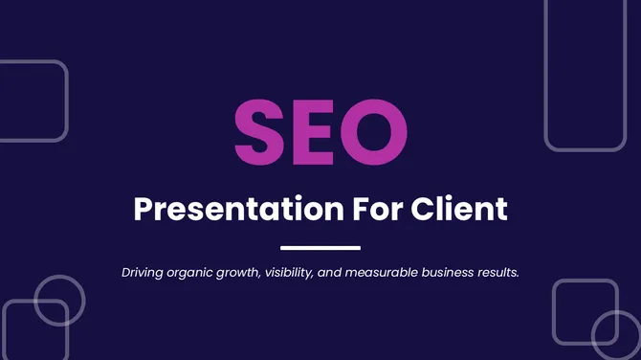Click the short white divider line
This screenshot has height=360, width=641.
pyautogui.click(x=320, y=248)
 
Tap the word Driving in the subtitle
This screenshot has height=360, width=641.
pyautogui.click(x=144, y=273)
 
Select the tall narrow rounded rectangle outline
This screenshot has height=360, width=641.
pyautogui.click(x=585, y=75)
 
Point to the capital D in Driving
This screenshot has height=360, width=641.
pyautogui.click(x=126, y=273)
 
